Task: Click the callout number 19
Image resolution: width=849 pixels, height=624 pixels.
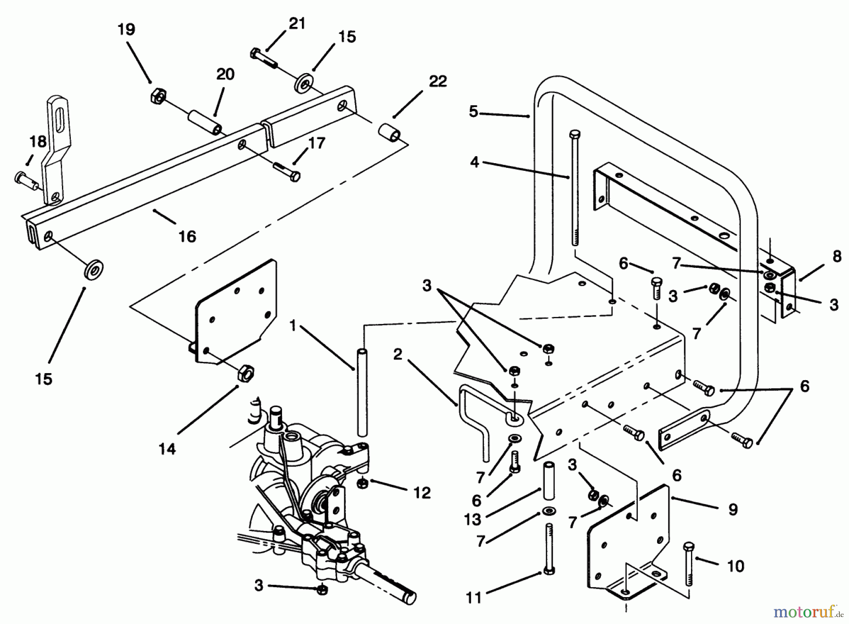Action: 126,30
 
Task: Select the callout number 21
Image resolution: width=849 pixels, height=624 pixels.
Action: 297,23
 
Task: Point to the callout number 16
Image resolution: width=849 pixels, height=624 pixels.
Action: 187,236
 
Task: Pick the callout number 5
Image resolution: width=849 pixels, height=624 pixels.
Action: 474,112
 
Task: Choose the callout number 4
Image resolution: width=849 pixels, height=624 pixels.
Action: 474,162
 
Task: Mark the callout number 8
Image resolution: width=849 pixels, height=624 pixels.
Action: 836,257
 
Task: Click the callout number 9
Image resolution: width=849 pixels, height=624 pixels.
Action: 732,509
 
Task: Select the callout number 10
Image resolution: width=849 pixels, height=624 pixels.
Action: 735,566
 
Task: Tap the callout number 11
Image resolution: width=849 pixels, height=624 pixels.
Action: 474,598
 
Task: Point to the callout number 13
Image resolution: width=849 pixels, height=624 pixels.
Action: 472,519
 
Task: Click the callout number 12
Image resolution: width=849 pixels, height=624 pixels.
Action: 422,493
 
